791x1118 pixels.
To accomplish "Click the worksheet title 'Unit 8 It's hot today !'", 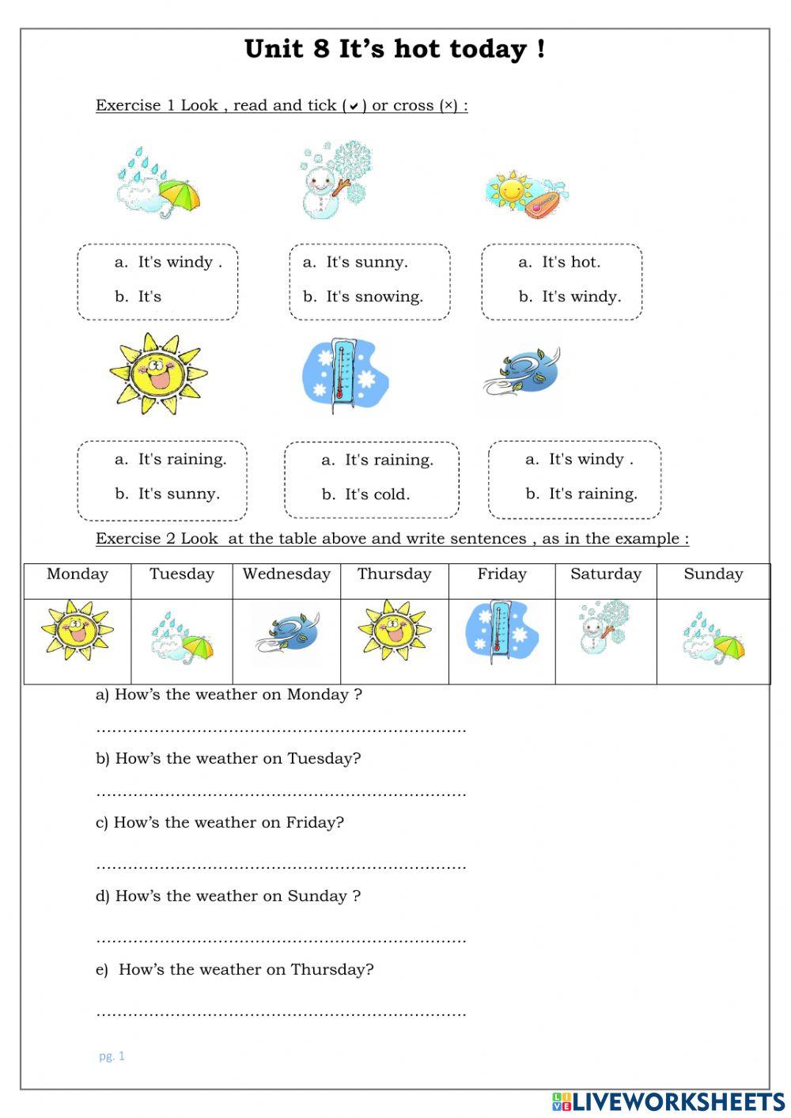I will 395,49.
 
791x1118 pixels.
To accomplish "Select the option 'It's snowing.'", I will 374,297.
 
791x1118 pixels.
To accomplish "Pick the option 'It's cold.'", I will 377,495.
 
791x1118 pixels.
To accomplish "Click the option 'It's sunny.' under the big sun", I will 179,494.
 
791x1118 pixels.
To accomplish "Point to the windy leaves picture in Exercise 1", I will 523,371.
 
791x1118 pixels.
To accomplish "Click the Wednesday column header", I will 286,574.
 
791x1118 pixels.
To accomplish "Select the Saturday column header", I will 606,574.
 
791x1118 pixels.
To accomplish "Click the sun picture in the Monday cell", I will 77,631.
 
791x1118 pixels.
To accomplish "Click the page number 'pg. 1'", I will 112,1056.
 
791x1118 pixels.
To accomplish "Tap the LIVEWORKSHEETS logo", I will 668,1101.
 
